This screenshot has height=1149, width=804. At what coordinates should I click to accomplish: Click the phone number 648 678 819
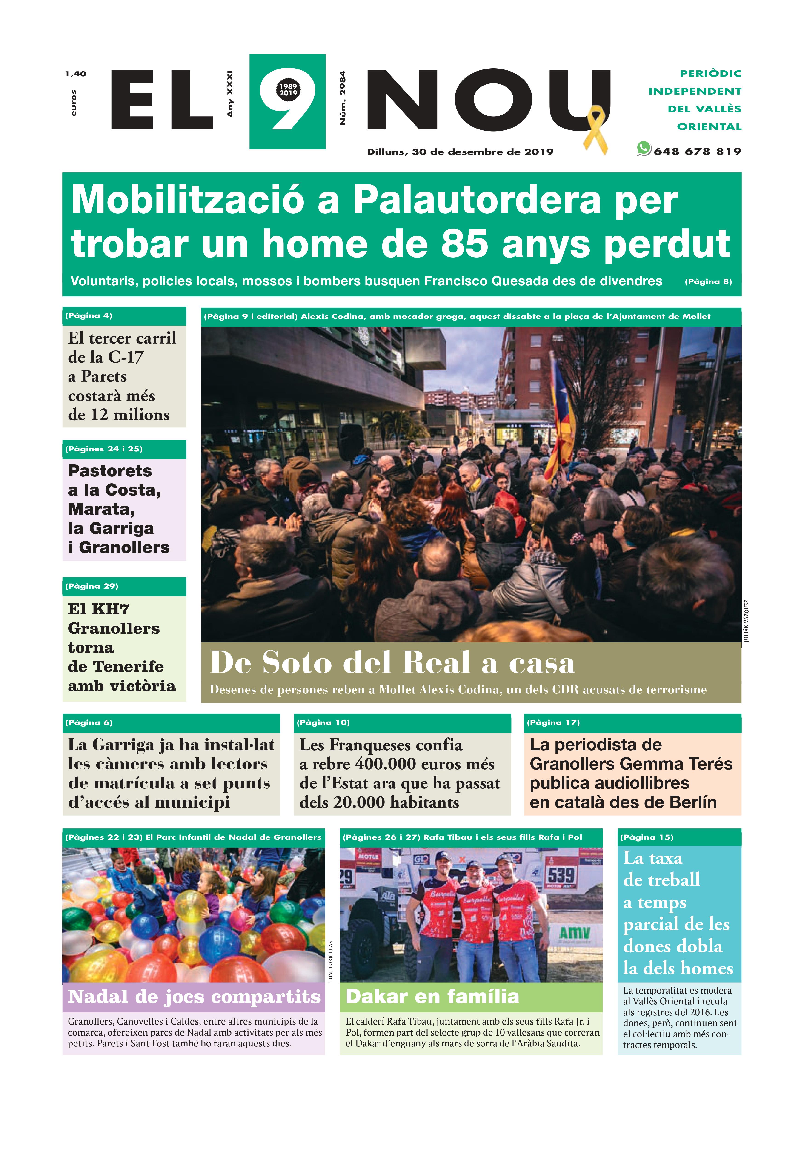click(697, 151)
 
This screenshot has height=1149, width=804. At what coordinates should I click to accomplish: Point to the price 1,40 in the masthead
click(76, 74)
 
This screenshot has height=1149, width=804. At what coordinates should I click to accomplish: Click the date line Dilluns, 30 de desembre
click(460, 152)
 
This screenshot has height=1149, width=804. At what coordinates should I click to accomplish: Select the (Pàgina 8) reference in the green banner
click(708, 282)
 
